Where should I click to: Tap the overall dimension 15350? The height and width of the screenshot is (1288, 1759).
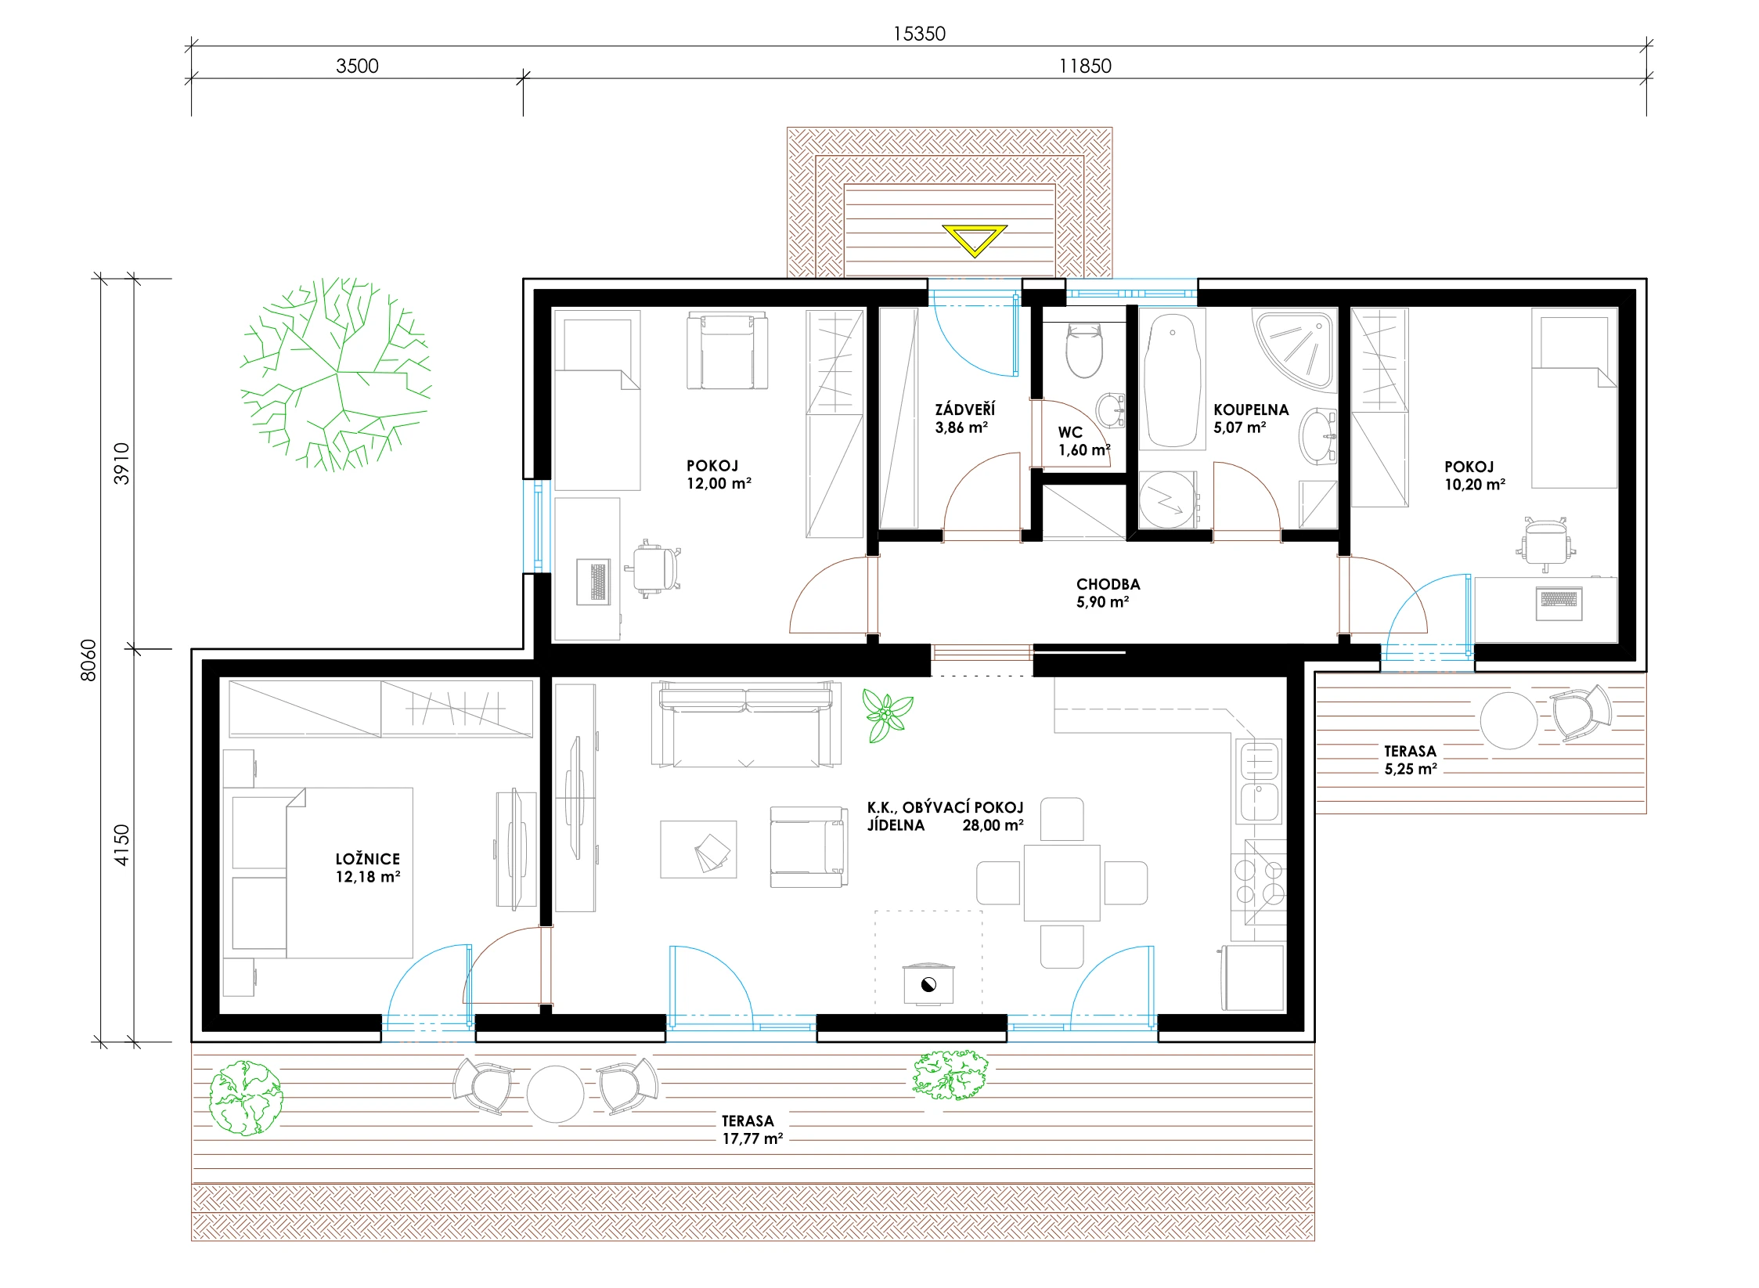tap(919, 34)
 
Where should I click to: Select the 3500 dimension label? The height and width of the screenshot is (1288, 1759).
tap(357, 66)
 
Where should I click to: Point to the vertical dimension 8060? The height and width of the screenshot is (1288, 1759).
tap(88, 660)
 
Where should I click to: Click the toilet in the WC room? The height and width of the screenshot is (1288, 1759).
tap(1084, 352)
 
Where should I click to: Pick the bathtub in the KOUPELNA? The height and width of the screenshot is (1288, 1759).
tap(1172, 381)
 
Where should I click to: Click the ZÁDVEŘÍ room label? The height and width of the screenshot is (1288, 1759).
tap(964, 409)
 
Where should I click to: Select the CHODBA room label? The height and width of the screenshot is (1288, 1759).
tap(1108, 584)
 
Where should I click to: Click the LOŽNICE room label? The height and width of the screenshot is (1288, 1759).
tap(367, 859)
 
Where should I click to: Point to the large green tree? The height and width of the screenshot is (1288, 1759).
tap(336, 374)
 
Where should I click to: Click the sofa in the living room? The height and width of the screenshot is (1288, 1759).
tap(746, 724)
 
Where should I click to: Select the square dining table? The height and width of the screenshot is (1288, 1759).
tap(1062, 882)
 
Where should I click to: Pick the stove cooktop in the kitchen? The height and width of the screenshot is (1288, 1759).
tap(1259, 882)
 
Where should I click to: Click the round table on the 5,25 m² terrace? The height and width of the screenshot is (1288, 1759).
tap(1508, 720)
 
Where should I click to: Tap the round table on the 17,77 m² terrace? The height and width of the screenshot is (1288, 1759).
tap(555, 1094)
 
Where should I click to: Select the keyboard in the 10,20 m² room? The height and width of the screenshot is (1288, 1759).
tap(1559, 599)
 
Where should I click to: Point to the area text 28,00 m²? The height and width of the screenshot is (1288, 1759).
tap(993, 825)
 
